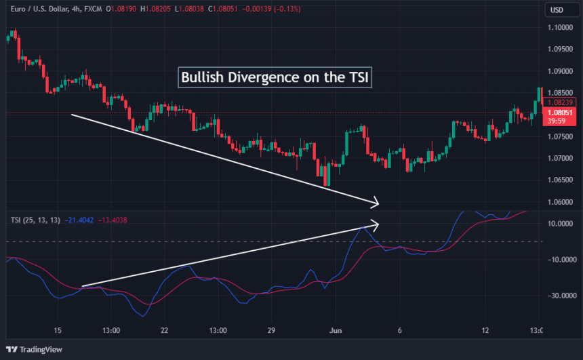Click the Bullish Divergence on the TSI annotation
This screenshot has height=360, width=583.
coord(275,77)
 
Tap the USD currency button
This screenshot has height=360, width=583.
coord(557,10)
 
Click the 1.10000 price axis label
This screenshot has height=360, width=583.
coord(560,28)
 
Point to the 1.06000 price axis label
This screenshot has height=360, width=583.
coord(560,202)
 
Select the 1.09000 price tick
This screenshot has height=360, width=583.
coord(560,71)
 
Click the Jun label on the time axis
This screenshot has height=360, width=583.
coord(335,331)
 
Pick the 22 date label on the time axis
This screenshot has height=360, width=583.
coord(163,331)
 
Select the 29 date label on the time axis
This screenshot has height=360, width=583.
coord(270,331)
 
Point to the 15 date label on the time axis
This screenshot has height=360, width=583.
coord(58,331)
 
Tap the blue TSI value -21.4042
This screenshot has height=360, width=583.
coord(81,220)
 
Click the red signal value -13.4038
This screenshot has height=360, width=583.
coord(113,220)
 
